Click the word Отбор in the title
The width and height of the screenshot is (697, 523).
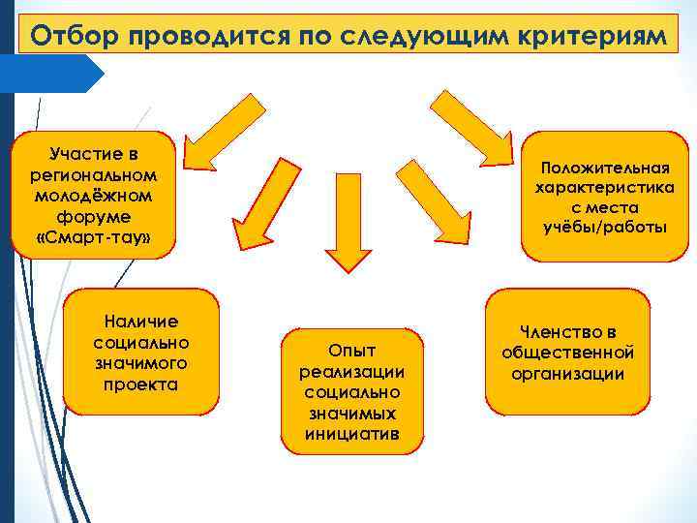[x=76, y=36]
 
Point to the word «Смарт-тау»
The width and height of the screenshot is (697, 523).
[x=93, y=237]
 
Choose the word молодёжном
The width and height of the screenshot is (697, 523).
[x=93, y=196]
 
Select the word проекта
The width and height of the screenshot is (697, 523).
[x=141, y=385]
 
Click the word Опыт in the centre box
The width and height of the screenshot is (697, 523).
[x=351, y=350]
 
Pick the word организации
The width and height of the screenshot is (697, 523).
[x=567, y=375]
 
